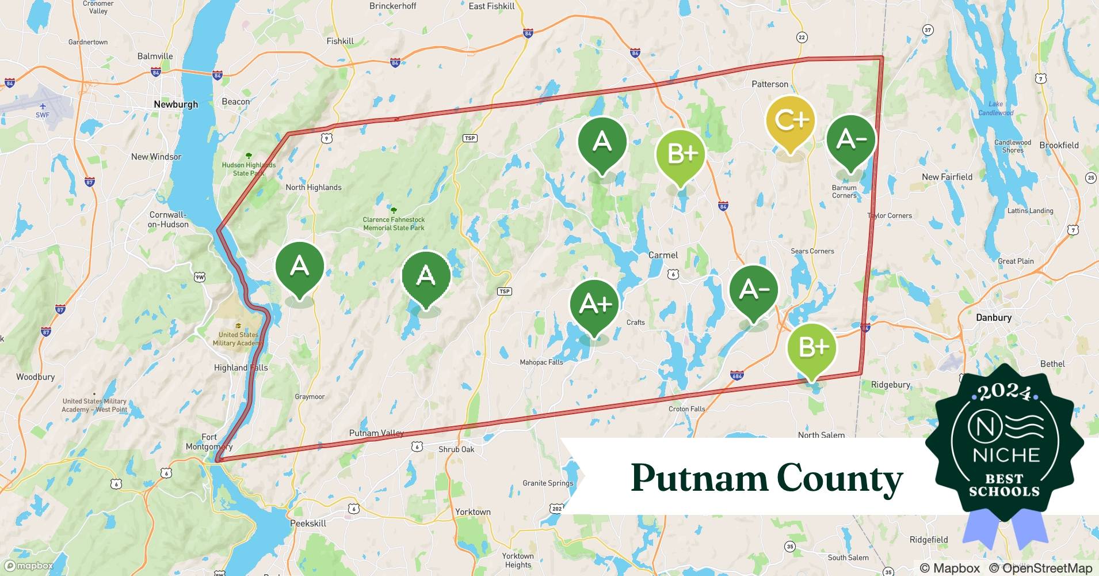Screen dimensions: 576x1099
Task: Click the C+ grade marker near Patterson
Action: (x=791, y=121)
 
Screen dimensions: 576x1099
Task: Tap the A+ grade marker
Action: (x=594, y=304)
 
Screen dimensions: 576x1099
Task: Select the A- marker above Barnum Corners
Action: (x=851, y=140)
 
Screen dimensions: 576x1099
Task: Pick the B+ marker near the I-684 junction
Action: (x=812, y=347)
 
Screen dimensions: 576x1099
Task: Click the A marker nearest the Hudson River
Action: (x=299, y=267)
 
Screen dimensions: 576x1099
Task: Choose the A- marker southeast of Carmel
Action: (x=754, y=290)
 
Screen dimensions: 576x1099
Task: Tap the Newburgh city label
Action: (x=175, y=104)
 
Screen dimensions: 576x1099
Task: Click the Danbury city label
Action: (x=993, y=317)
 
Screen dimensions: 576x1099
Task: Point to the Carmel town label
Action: (x=663, y=255)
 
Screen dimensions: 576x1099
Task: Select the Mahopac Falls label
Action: (x=541, y=362)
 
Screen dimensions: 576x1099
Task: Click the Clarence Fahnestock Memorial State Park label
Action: (x=394, y=223)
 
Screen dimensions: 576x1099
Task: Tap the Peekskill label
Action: (x=308, y=523)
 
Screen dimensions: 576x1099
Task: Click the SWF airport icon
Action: (x=43, y=107)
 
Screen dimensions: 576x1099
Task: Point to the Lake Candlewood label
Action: (x=995, y=108)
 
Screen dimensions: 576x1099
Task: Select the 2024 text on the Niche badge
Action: (x=1005, y=392)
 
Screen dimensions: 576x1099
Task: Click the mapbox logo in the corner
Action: (x=30, y=566)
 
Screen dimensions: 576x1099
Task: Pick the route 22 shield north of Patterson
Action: (x=802, y=37)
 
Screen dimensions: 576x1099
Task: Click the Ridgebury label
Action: (x=890, y=385)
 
